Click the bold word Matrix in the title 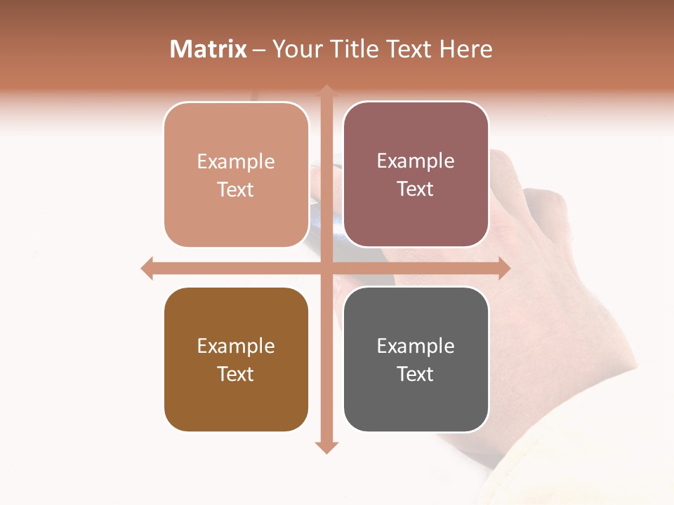209,49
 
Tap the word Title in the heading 356,49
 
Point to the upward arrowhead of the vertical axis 326,91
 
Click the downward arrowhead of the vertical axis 326,447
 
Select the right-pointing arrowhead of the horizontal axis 504,268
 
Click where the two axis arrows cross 326,268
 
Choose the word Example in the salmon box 236,162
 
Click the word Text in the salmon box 236,189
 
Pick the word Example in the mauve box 416,161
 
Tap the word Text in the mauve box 416,189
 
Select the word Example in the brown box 236,346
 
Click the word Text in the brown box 236,374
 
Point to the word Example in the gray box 416,346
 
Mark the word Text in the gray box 416,374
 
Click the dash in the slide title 260,50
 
